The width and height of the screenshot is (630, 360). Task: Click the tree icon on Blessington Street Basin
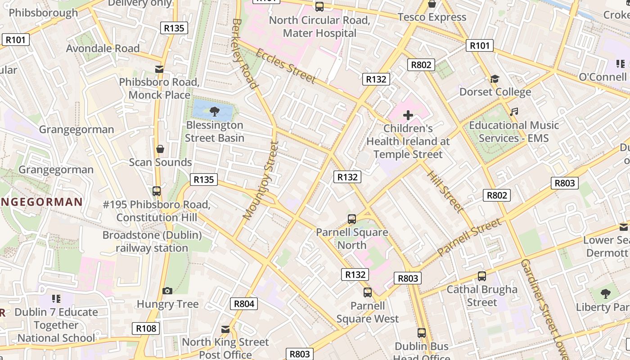pos(215,111)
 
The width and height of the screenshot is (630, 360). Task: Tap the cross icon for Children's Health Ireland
pos(408,115)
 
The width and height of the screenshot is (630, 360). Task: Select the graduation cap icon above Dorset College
pos(495,79)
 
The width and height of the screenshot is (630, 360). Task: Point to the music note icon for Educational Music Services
pos(514,112)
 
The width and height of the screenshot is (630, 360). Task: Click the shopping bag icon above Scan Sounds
pos(160,149)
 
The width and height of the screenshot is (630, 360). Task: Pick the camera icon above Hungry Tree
pos(167,291)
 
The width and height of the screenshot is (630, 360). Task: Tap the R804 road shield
pos(244,304)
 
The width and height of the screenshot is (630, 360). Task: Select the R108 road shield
pos(146,328)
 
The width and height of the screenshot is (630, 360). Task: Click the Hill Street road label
pos(445,191)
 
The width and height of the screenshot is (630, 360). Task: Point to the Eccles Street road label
pos(286,66)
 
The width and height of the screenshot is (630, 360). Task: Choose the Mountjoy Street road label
pos(261,180)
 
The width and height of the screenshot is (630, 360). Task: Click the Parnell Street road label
pos(469,237)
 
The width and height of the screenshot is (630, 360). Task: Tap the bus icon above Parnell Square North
pos(352,219)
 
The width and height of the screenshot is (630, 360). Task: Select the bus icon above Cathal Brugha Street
pos(481,276)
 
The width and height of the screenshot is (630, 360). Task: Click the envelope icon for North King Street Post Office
pos(225,329)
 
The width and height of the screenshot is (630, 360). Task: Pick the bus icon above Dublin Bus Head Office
pos(422,333)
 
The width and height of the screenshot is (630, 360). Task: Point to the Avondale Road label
pos(103,48)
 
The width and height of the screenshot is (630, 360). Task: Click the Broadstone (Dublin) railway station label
pos(152,242)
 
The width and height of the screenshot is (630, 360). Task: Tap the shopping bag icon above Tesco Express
pos(432,4)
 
